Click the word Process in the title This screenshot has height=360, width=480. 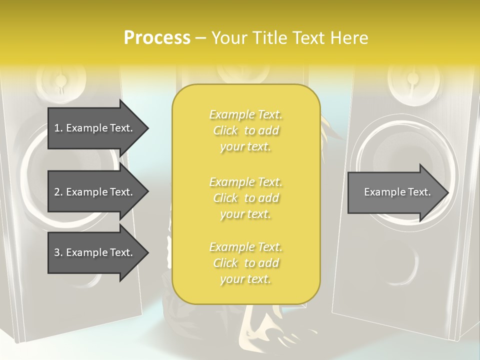click(x=157, y=38)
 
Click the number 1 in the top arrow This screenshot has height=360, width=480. click(x=57, y=128)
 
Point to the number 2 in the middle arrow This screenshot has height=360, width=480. click(x=57, y=192)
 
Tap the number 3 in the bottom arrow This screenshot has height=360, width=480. click(x=57, y=252)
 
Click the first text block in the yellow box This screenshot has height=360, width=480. click(x=245, y=130)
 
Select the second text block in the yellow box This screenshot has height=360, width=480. click(x=245, y=198)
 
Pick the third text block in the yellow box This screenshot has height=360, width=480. click(x=245, y=263)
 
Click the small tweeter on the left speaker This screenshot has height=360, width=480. click(x=60, y=80)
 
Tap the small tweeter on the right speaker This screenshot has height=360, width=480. click(x=413, y=79)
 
